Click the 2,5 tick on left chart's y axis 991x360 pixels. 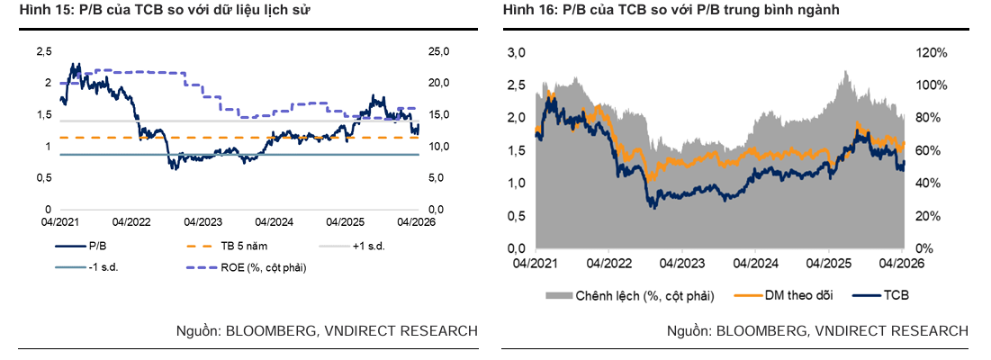43,51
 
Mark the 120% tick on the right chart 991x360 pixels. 932,53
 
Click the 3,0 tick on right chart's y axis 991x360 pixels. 517,53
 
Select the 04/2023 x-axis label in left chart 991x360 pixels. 203,221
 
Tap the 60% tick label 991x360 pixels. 929,151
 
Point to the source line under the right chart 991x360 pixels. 817,331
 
